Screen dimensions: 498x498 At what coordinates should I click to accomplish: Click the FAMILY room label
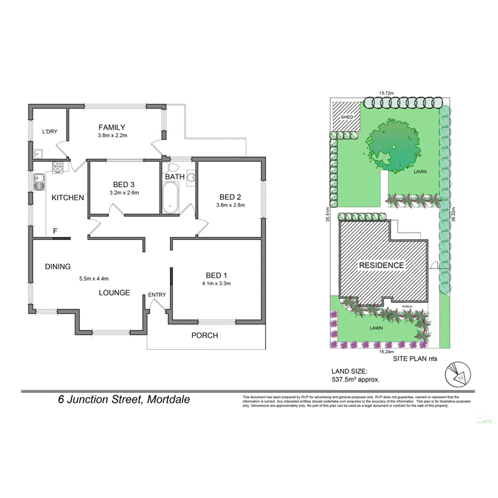tap(112, 127)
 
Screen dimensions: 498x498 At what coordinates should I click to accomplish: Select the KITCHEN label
tap(68, 198)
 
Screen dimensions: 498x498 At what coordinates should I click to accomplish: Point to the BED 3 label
tap(124, 184)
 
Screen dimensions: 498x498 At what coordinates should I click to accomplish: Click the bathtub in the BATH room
tap(172, 198)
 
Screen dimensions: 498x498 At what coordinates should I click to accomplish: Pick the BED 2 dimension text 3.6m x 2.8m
tap(230, 205)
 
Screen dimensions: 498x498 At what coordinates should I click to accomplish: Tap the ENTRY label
tap(157, 294)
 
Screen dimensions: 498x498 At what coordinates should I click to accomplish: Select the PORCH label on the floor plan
tap(205, 336)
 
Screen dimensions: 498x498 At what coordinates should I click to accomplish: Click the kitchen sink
tap(39, 183)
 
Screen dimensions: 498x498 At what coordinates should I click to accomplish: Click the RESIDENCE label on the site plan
tap(381, 265)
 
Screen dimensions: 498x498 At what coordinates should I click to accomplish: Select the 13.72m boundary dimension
tap(386, 94)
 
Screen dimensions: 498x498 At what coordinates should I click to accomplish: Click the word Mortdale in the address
tap(166, 399)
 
